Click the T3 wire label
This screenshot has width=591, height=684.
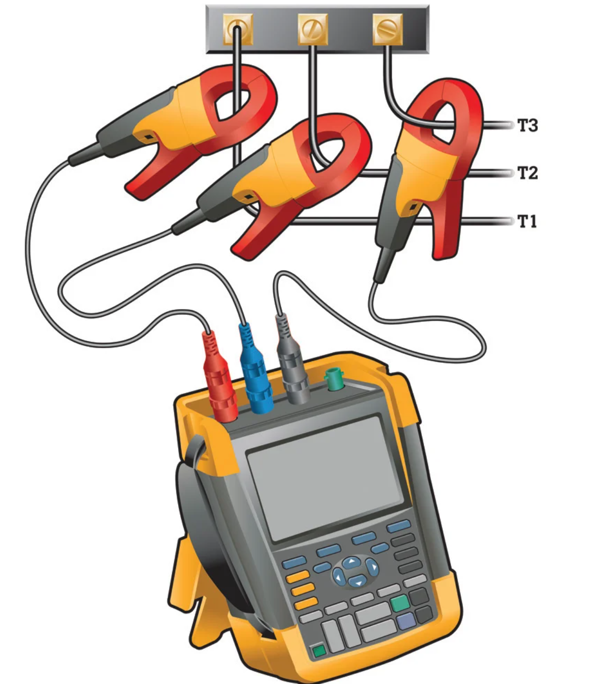pos(528,125)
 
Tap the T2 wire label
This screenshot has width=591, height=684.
pos(528,173)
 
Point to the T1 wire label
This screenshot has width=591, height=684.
pos(527,221)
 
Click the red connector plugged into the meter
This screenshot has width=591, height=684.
pos(219,378)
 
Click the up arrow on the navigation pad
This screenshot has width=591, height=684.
pos(351,562)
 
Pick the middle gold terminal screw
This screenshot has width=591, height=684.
pos(313,29)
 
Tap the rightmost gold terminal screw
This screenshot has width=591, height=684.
pos(387,29)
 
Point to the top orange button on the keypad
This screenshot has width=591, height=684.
pos(298,577)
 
